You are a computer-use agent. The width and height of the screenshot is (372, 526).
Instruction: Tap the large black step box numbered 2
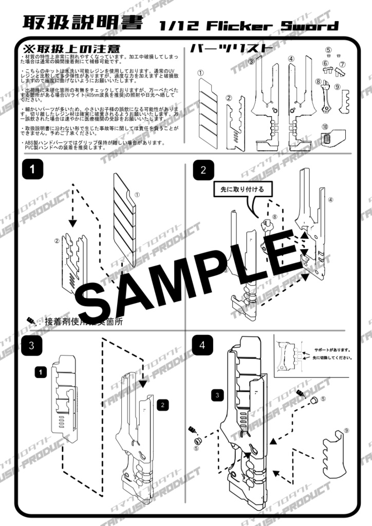[203, 171]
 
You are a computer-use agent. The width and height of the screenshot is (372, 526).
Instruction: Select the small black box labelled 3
[217, 394]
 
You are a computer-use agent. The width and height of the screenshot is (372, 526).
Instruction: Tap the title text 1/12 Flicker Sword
[249, 25]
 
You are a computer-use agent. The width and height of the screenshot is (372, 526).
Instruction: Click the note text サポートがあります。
[329, 350]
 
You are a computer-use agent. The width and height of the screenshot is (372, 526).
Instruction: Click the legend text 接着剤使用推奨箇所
[84, 322]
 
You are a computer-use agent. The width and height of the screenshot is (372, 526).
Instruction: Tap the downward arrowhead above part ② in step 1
[72, 222]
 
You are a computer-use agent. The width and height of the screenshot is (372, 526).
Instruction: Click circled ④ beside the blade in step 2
[331, 199]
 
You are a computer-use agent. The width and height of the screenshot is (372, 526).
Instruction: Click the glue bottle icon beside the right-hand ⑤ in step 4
[302, 394]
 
